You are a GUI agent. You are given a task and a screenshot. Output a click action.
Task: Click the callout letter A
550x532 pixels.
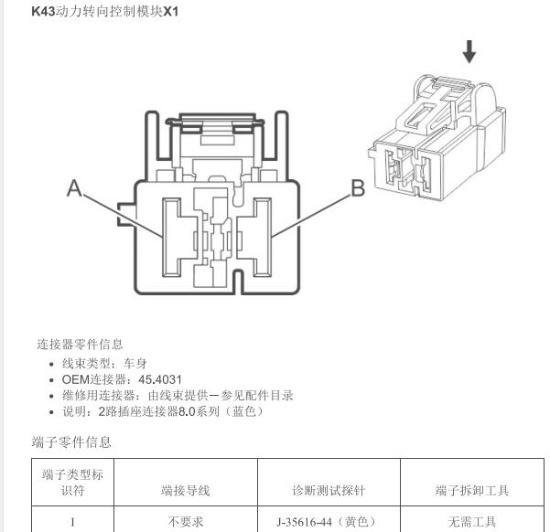(x=74, y=188)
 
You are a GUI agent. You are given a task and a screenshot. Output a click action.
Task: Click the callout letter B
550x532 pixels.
(x=358, y=188)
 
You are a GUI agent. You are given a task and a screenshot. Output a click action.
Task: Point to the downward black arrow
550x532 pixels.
(x=469, y=52)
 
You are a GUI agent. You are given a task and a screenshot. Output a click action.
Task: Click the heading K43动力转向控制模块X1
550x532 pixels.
(x=105, y=12)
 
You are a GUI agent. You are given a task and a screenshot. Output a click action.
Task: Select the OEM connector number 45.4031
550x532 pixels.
(x=160, y=379)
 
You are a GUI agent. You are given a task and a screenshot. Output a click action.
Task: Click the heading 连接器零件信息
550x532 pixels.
(x=80, y=344)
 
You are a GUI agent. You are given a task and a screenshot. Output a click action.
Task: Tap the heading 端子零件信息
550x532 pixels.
(x=71, y=442)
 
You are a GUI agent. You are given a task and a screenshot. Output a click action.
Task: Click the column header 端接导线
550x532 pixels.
(x=186, y=490)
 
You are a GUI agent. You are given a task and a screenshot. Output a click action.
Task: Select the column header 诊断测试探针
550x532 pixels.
(x=329, y=490)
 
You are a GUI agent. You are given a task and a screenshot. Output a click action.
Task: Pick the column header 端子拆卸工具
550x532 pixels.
(x=472, y=490)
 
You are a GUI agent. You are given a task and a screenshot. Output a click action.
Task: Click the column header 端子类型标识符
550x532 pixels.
(x=72, y=483)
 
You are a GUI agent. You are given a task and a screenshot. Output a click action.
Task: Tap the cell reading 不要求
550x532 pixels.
(x=186, y=522)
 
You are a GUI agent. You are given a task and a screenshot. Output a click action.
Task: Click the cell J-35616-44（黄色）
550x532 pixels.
(x=326, y=522)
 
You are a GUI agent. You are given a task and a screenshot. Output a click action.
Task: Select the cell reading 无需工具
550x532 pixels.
(x=472, y=522)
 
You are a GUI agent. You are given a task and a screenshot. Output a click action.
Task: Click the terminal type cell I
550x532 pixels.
(x=72, y=522)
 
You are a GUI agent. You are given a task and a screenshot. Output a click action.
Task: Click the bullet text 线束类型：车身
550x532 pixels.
(x=104, y=364)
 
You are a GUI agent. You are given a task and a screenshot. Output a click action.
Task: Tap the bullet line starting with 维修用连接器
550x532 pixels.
(x=178, y=395)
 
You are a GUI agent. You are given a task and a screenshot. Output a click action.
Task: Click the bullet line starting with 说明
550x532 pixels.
(x=163, y=411)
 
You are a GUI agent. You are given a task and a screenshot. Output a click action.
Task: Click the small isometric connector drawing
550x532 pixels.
(x=437, y=137)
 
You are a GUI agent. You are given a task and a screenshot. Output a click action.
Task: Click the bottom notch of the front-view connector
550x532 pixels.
(x=239, y=282)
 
